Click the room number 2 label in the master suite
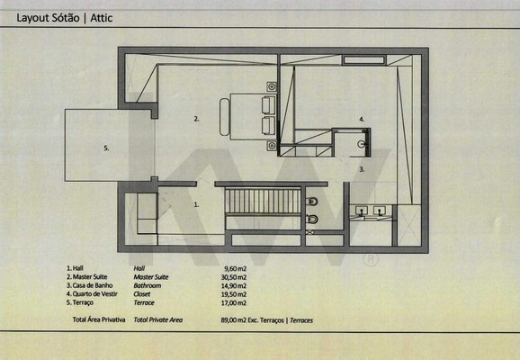196,119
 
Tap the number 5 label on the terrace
106,148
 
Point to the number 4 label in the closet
362,119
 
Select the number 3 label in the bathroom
362,169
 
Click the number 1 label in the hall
196,204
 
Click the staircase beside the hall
263,202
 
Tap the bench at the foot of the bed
224,117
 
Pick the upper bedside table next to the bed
272,87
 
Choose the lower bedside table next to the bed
272,145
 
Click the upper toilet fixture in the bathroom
312,201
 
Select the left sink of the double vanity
361,211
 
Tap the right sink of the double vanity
380,211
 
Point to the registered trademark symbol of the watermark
371,260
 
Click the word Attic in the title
101,18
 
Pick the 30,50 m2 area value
234,277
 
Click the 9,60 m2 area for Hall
236,268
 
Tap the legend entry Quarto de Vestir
94,294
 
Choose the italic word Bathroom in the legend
148,285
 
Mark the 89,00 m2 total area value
234,320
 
